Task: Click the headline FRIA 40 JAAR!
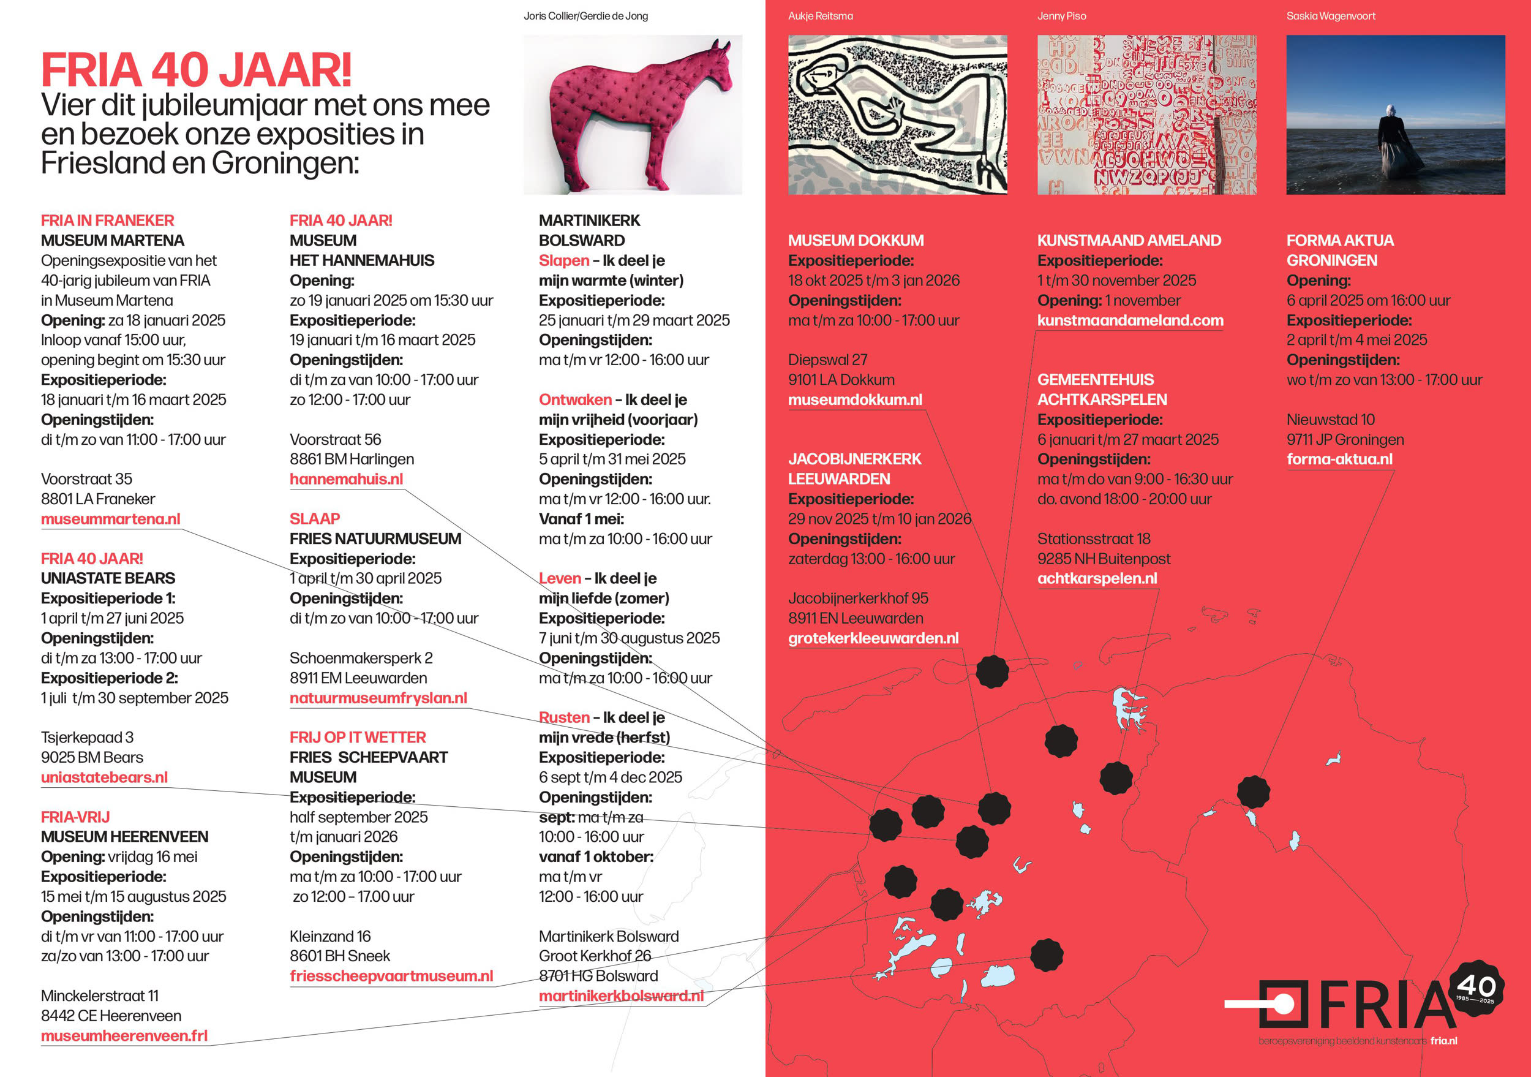click(x=196, y=70)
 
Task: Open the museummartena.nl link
click(x=111, y=519)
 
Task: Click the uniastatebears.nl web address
click(x=104, y=777)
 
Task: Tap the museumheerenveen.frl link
click(x=124, y=1036)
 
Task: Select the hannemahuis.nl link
click(x=346, y=479)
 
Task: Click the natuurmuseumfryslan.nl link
click(x=378, y=698)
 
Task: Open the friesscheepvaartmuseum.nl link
click(x=391, y=976)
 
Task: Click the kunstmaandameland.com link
click(x=1130, y=320)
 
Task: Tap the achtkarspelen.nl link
click(x=1097, y=578)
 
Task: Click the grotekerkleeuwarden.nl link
click(x=873, y=638)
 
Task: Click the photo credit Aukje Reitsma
click(x=820, y=16)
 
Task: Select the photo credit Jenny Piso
click(x=1061, y=16)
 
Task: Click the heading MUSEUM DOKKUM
click(x=856, y=240)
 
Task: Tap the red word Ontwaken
click(x=575, y=399)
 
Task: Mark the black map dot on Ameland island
click(x=992, y=671)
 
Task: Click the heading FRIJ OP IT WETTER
click(x=358, y=737)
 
